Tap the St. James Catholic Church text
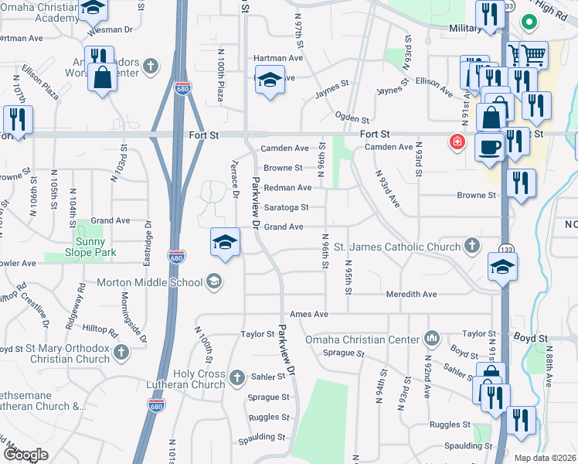coord(397,247)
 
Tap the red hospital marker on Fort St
coord(457,142)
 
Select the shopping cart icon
coord(527,55)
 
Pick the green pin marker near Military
coord(529,22)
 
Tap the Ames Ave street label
coord(309,315)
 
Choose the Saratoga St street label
coord(287,207)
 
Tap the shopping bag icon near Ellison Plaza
coord(102,77)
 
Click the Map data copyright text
coord(546,458)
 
